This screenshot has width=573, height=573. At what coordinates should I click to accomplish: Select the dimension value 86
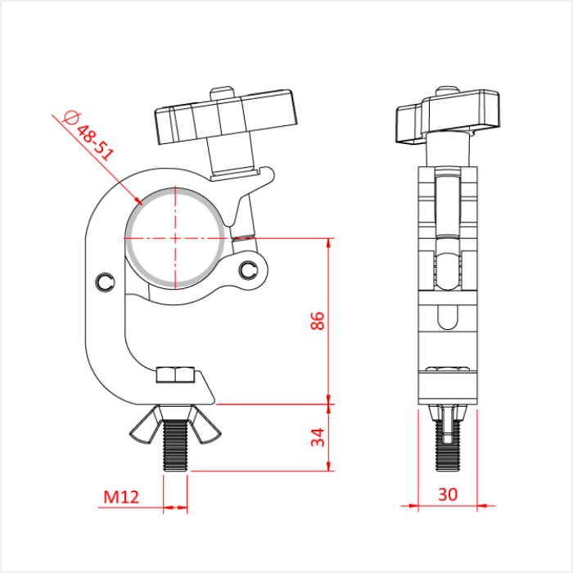tap(319, 321)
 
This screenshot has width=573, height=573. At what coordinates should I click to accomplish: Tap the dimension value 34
tap(319, 437)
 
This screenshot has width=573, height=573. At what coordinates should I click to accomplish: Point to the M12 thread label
tap(120, 496)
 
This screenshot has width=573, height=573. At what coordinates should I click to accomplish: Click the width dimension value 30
tap(448, 494)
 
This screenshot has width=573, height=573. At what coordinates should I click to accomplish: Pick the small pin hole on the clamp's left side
tap(102, 282)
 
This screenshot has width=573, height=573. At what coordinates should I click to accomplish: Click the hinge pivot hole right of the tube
tap(249, 268)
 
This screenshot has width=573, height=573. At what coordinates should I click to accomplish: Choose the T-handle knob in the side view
tap(448, 115)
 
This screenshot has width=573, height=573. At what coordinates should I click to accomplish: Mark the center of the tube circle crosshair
tap(175, 238)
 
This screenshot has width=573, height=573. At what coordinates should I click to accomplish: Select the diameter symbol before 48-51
tap(70, 118)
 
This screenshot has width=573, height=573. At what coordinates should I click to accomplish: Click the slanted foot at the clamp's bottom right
tap(209, 389)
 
